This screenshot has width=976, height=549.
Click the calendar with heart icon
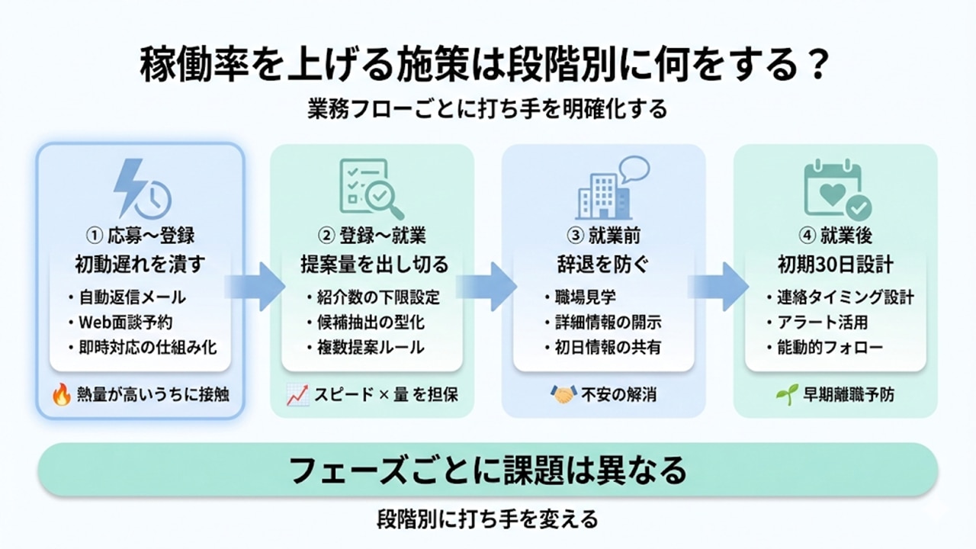pyautogui.click(x=836, y=188)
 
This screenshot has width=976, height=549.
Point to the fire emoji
pyautogui.click(x=61, y=394)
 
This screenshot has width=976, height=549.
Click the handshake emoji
pyautogui.click(x=563, y=394)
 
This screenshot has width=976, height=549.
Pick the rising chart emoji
pyautogui.click(x=297, y=394)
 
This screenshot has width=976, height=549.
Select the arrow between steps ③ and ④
pyautogui.click(x=719, y=286)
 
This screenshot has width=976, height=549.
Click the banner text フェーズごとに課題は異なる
pyautogui.click(x=487, y=470)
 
